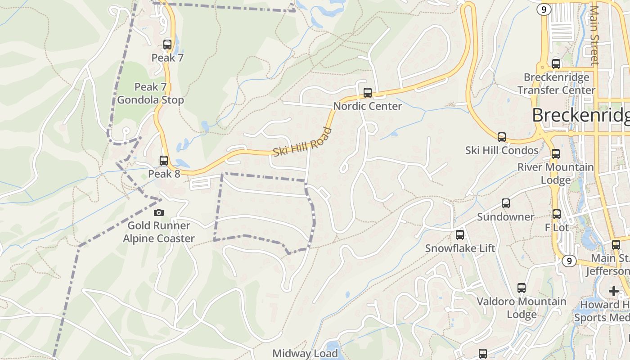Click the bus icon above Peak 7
coord(167,44)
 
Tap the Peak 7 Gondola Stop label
coord(151,93)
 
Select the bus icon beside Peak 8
coord(164,160)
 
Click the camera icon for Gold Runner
coord(158,212)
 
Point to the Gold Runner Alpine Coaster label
coord(159,232)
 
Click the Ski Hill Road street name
coord(303,142)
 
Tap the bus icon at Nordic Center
coord(368,93)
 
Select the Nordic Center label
coord(368,106)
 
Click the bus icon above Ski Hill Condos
coord(502,137)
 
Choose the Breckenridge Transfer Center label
coord(557,84)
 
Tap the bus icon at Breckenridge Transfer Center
coord(556,63)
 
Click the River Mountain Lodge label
coord(556,173)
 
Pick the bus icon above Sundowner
coord(506,203)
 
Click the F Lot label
coord(557,228)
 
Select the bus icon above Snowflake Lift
coord(460,234)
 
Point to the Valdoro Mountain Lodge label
coord(522,308)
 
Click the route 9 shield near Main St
coord(569,261)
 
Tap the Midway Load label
coord(305,354)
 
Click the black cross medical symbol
coord(613,291)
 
